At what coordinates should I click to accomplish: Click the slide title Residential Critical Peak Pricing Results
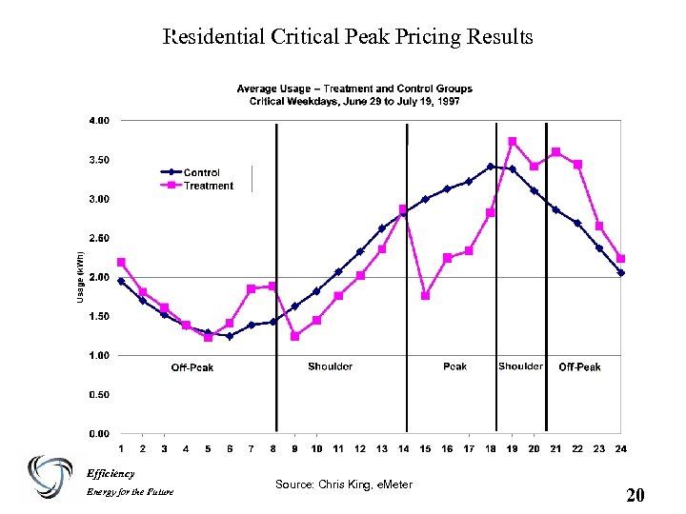click(349, 37)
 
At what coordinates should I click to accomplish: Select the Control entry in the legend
click(201, 172)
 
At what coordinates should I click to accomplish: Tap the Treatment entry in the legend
click(208, 186)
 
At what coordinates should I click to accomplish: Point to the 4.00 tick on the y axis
click(99, 121)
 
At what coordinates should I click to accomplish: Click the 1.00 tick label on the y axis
click(99, 355)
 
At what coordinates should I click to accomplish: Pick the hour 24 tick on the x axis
click(621, 448)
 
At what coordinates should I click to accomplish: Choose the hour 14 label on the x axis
click(403, 448)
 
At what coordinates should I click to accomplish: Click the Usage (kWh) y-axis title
click(80, 277)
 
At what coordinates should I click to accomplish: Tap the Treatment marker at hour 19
click(513, 142)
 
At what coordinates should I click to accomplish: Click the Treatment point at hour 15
click(425, 295)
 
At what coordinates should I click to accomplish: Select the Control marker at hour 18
click(491, 167)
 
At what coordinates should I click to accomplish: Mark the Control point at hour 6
click(230, 335)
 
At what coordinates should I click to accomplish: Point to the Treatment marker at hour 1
click(121, 262)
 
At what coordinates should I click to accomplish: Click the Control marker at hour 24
click(621, 272)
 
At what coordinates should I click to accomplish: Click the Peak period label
click(455, 366)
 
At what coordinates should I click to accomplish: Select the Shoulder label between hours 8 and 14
click(331, 366)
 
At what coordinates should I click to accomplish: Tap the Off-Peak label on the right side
click(579, 366)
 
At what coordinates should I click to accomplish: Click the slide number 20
click(636, 495)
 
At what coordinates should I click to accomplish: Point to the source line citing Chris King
click(344, 484)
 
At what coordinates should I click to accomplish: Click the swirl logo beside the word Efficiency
click(50, 477)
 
